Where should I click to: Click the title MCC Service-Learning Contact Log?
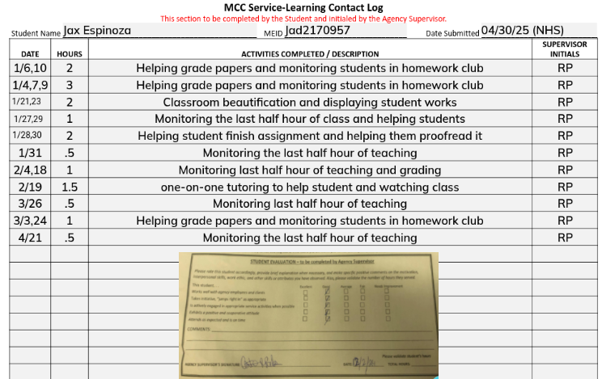coord(303,7)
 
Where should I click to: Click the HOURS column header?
coord(70,53)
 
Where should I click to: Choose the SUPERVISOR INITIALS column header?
coord(565,48)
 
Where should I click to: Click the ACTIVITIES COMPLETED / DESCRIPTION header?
coord(310,53)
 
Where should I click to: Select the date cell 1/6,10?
coord(31,69)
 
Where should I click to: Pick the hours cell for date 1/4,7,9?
coord(70,86)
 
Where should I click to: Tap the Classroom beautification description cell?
coord(310,103)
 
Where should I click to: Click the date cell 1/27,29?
coord(31,119)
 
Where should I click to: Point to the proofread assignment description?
coord(310,136)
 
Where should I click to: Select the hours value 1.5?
coord(70,187)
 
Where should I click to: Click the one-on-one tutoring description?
coord(310,187)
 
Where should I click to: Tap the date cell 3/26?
coord(31,204)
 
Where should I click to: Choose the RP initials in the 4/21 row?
coord(565,238)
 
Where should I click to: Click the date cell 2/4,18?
coord(31,170)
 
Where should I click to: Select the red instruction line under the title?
coord(303,19)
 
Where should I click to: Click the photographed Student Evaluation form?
coord(308,314)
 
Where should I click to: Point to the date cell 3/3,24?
coord(31,221)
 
